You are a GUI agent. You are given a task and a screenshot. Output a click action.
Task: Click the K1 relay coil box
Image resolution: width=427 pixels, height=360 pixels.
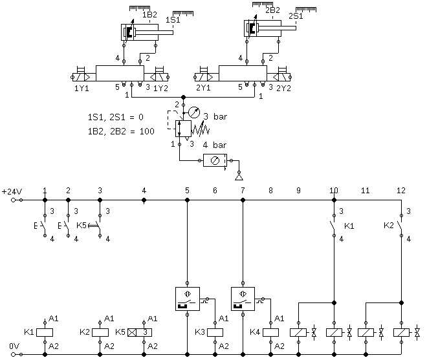45,332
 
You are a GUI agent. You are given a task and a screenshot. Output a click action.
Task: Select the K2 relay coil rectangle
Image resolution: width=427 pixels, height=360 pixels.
100,332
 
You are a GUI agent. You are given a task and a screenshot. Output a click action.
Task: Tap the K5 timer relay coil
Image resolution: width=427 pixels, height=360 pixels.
140,332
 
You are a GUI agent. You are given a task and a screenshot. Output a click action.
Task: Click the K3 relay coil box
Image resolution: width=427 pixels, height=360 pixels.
215,332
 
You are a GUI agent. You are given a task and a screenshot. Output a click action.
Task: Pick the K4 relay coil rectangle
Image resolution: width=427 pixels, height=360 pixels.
270,332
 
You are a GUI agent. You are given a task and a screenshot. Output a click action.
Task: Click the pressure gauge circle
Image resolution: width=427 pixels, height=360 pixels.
194,112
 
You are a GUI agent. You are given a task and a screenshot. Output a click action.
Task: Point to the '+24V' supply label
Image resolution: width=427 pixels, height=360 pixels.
12,192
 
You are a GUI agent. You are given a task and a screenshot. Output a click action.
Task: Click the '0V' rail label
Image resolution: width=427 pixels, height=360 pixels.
14,346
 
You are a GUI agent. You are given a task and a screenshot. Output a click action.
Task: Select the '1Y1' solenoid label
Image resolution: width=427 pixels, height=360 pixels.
82,89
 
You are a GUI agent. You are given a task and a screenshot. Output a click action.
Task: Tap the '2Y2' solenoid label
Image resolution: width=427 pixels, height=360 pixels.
283,89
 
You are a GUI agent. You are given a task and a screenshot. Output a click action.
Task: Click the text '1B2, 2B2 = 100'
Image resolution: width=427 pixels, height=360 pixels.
121,131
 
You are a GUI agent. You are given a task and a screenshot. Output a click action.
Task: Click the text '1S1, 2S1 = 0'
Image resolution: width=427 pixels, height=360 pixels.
115,117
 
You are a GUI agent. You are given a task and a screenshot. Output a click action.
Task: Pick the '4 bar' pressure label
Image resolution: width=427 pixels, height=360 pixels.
214,145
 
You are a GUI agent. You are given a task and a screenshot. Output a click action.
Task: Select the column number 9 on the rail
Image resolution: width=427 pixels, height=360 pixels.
298,191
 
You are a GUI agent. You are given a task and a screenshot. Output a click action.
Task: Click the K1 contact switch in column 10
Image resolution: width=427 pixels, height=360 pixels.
333,226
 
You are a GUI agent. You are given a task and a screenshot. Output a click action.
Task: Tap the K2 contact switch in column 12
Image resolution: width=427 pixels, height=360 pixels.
400,226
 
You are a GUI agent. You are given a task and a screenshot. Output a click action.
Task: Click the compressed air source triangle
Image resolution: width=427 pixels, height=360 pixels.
239,176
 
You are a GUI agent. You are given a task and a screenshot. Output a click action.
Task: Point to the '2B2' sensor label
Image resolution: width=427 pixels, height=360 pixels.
272,10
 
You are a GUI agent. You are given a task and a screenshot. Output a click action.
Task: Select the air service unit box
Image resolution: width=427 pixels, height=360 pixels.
215,160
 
